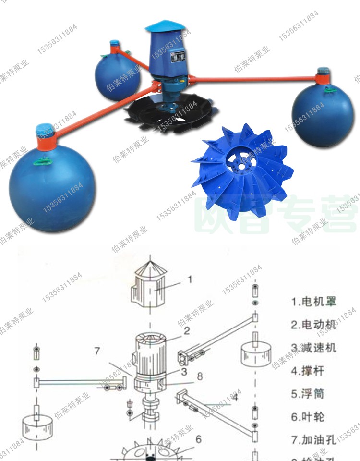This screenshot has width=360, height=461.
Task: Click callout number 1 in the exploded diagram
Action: pyautogui.click(x=190, y=279)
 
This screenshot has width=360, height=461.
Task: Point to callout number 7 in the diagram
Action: pyautogui.click(x=97, y=351)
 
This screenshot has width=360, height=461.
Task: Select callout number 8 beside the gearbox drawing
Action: pyautogui.click(x=199, y=376)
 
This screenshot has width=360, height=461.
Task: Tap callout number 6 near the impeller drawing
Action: pyautogui.click(x=198, y=439)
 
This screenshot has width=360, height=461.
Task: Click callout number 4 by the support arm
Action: pyautogui.click(x=234, y=397)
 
